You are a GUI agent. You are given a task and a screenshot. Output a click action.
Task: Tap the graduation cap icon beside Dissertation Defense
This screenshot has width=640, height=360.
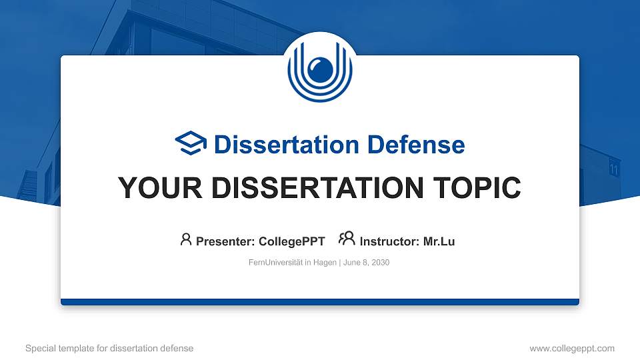191,143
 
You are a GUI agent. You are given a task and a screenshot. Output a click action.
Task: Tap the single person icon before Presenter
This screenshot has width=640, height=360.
186,239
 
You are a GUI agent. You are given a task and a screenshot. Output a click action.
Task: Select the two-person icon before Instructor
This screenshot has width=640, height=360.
347,239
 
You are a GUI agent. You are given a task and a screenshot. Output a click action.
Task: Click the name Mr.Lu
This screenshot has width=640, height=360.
439,241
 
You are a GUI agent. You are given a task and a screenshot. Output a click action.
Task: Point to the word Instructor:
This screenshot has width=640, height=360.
390,241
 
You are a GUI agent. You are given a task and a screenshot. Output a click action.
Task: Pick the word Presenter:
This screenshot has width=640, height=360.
225,241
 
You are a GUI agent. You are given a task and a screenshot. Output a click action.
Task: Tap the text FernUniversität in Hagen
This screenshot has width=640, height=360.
293,263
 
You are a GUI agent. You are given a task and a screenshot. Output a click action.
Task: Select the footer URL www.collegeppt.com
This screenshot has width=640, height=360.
572,348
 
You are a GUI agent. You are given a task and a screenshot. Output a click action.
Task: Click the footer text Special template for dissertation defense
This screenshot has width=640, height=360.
109,348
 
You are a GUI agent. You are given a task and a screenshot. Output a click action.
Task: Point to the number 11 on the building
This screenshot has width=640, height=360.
614,170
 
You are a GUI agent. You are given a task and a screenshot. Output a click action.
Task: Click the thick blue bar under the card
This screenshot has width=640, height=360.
320,302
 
